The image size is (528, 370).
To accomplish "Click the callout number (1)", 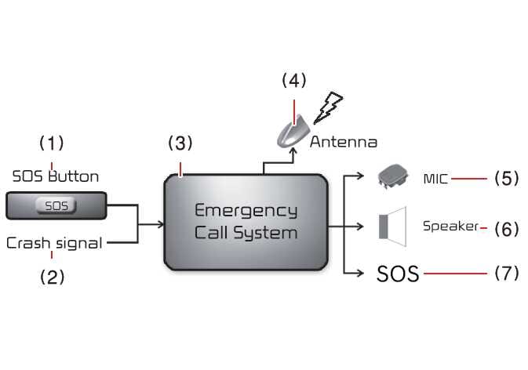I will (x=52, y=143).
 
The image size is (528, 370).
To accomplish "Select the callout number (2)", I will (x=52, y=277).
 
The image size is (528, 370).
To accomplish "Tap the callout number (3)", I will (x=180, y=143).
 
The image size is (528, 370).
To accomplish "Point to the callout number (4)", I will (x=293, y=80).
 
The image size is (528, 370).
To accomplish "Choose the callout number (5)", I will (x=506, y=179).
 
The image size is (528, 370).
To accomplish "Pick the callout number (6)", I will (x=506, y=228).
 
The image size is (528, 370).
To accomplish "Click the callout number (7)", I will (x=506, y=274).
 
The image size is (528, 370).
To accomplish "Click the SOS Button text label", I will (x=56, y=176).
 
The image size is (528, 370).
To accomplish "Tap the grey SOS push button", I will (x=56, y=207).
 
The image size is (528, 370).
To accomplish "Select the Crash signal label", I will (x=54, y=243).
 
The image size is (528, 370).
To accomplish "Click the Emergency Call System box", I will (x=245, y=222).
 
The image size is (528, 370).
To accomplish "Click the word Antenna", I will (x=343, y=143).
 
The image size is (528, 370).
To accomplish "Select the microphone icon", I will (x=394, y=176).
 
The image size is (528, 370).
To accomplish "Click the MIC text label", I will (x=435, y=179).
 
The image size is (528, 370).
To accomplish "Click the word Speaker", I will (x=450, y=227).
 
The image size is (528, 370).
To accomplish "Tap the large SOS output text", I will (x=398, y=274).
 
